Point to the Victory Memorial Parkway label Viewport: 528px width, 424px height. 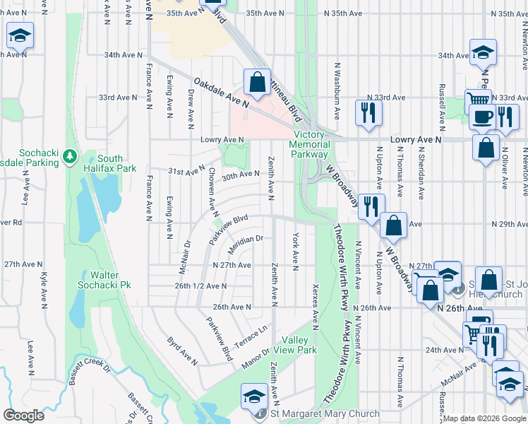tap(309, 144)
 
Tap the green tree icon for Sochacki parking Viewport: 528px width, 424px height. tap(69, 154)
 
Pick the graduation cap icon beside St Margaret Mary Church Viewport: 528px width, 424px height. tap(254, 396)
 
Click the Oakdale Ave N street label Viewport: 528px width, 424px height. tap(222, 93)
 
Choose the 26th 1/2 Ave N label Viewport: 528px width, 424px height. tap(201, 286)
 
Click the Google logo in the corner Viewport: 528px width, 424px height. tap(24, 416)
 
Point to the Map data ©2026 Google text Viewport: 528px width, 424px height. tap(484, 418)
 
